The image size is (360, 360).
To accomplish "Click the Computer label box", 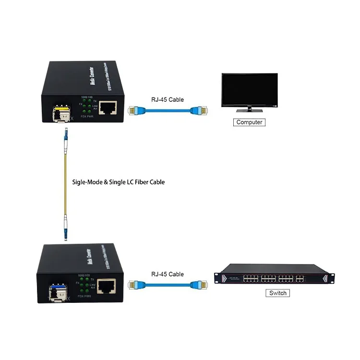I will tap(250, 122).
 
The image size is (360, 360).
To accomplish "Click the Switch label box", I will tap(277, 293).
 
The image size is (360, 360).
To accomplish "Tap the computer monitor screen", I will tap(249, 90).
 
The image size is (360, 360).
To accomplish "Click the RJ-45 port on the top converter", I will tap(111, 108).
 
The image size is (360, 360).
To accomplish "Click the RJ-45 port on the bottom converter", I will tap(106, 286).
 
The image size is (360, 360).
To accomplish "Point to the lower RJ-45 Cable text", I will tap(167, 274).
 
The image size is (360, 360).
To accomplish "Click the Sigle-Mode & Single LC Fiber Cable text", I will tap(118, 182).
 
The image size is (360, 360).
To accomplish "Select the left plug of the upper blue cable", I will tap(136, 111).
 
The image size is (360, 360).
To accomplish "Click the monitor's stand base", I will tap(249, 111).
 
